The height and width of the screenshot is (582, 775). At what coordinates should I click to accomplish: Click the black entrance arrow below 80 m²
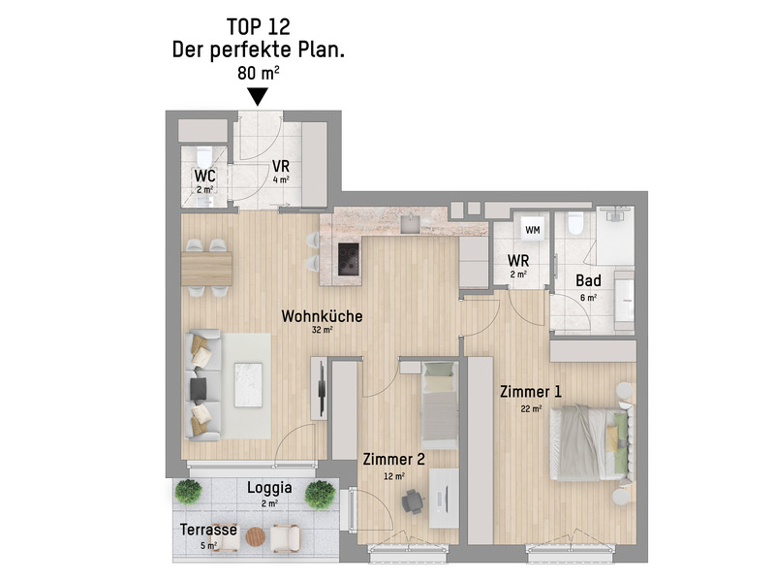[258, 96]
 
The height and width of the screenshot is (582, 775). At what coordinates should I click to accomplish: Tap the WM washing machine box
[532, 230]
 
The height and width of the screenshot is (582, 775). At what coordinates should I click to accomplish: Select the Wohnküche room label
[322, 316]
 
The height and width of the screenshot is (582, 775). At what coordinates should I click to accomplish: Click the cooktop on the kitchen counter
[348, 258]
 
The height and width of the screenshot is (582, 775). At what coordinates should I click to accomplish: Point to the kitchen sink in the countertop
[410, 224]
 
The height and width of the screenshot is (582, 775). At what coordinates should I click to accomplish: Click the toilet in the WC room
[203, 156]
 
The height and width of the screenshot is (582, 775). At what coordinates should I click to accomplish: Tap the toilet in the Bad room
[574, 223]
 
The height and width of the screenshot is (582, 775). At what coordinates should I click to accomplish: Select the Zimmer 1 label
[530, 392]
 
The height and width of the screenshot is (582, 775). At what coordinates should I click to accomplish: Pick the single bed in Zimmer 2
[440, 405]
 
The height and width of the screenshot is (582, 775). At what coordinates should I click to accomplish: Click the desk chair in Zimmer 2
[412, 501]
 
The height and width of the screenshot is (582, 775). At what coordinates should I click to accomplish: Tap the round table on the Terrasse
[256, 537]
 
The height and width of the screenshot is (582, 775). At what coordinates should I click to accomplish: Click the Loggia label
[269, 488]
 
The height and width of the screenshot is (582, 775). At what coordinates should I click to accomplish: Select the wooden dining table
[206, 269]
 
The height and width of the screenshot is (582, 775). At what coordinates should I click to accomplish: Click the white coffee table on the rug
[248, 385]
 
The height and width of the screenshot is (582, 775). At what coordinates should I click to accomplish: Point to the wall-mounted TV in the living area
[322, 389]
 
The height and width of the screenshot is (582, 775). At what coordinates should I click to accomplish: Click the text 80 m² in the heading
[258, 74]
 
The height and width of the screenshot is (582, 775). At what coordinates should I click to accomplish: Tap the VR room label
[281, 167]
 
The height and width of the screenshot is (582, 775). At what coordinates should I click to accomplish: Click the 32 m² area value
[322, 330]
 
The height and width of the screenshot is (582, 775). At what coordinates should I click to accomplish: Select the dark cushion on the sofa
[199, 389]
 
